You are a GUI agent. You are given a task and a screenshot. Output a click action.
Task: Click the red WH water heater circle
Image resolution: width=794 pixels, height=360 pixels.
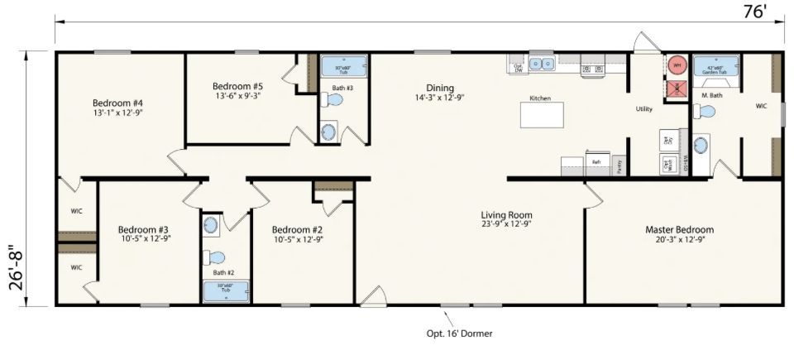[x=676, y=65]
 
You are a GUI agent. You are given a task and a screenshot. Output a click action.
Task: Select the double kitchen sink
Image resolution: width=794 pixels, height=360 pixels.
[x=543, y=63]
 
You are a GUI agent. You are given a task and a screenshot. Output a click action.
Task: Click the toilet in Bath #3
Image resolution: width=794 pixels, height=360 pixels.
[x=333, y=99]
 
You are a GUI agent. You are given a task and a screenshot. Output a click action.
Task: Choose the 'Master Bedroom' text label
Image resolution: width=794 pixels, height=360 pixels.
[x=679, y=229]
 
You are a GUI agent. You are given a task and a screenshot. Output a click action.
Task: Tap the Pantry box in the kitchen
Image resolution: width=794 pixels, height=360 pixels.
[x=619, y=163]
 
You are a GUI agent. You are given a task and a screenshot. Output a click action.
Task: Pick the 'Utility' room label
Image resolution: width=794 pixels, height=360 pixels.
[x=644, y=109]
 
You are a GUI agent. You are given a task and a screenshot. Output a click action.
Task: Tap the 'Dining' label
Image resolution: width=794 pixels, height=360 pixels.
[x=439, y=88]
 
